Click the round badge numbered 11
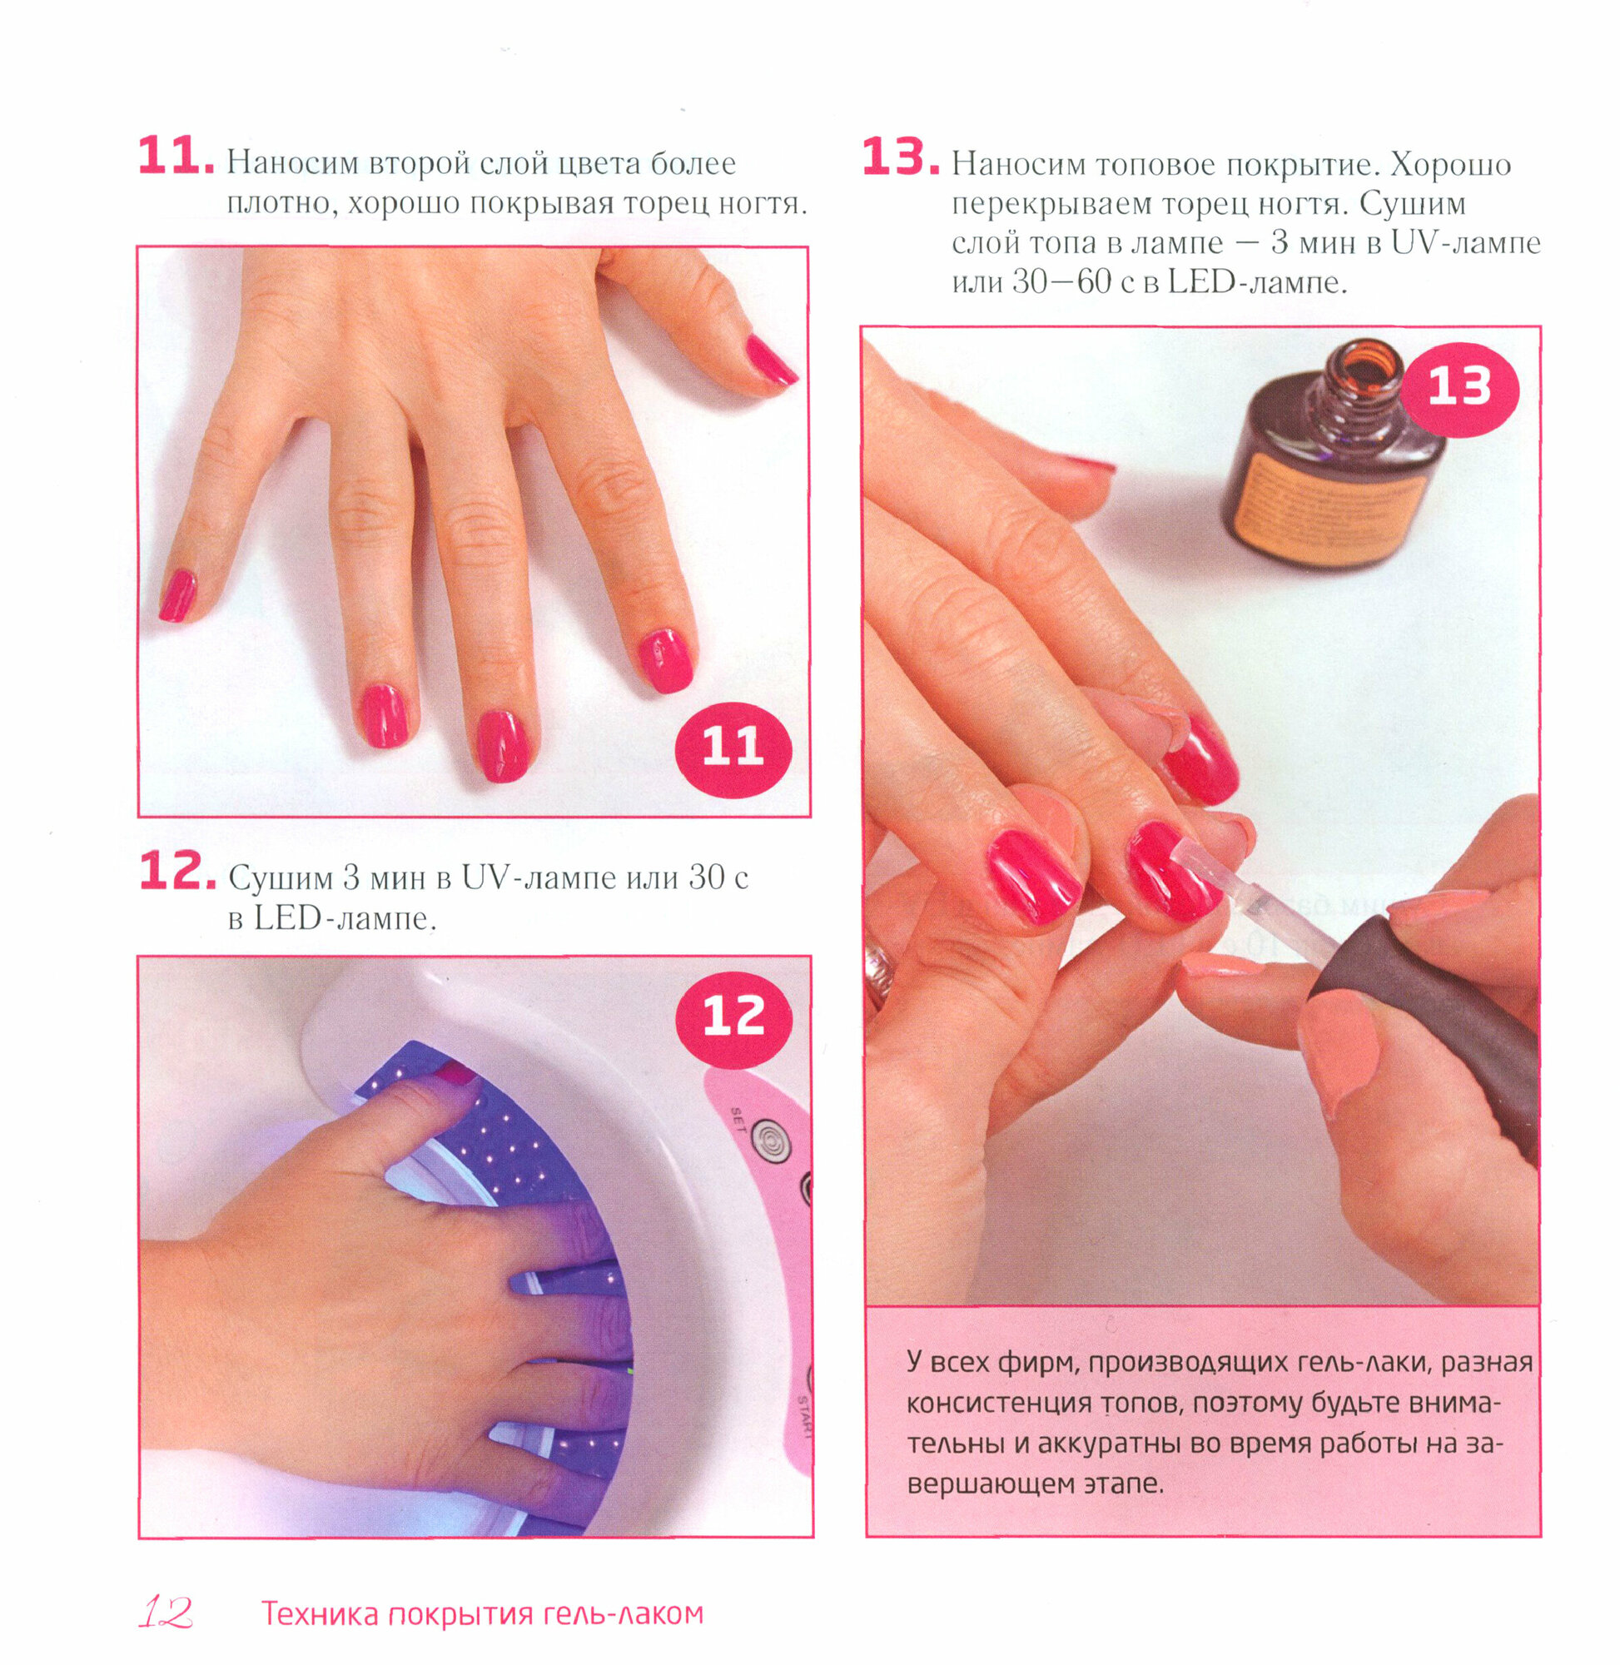point(732,748)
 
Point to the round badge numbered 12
point(733,1017)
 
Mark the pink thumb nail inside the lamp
point(457,1076)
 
